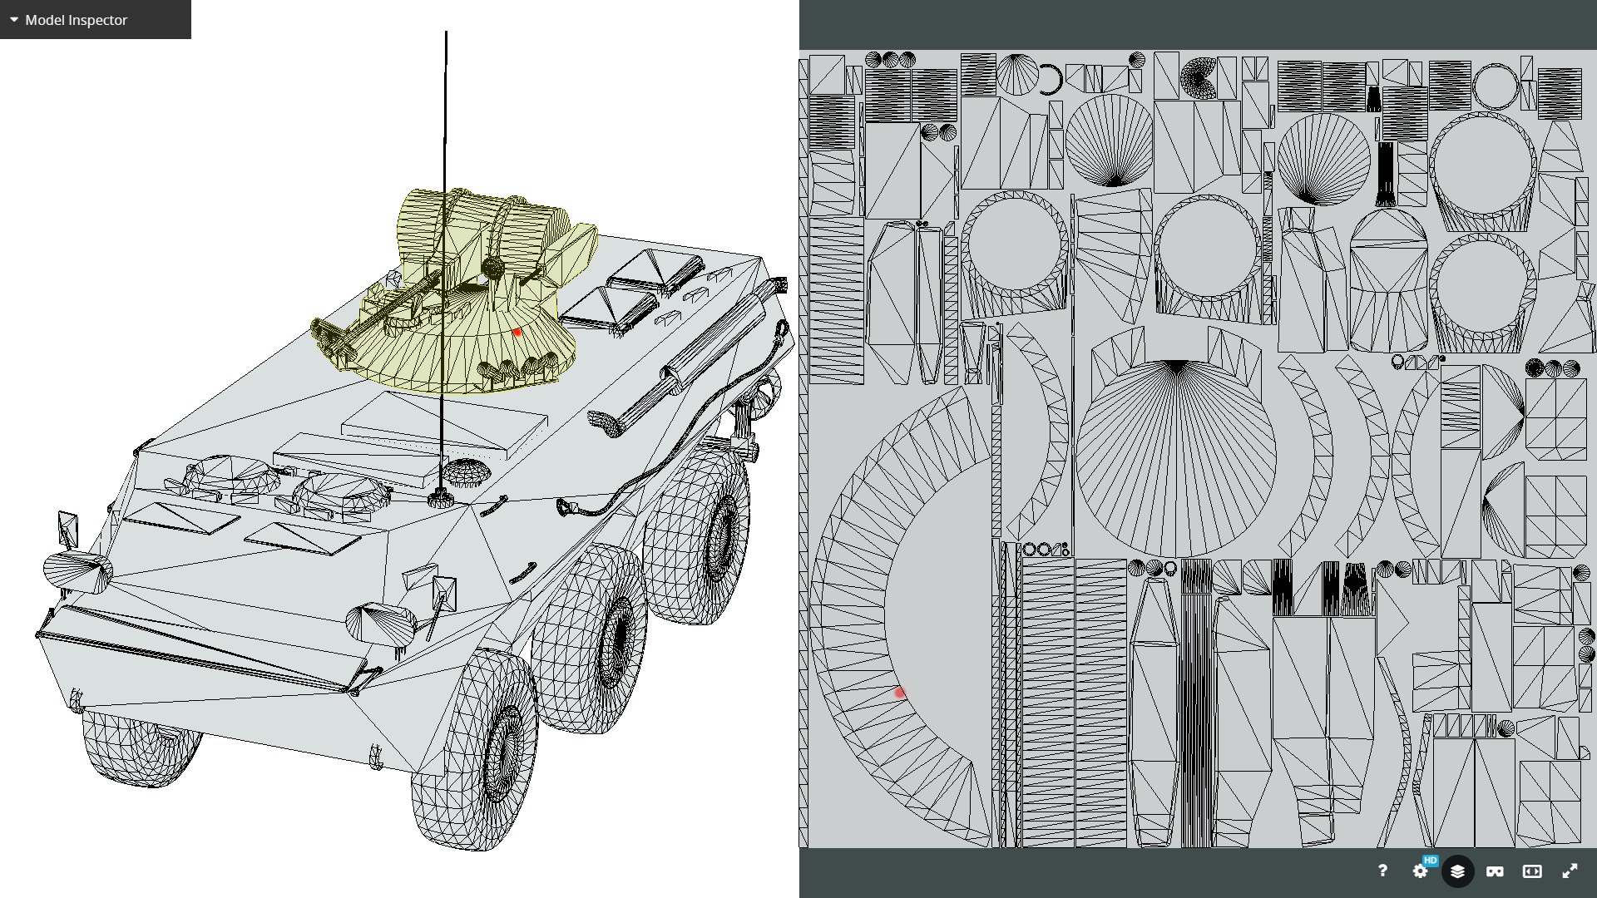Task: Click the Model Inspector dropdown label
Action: click(76, 20)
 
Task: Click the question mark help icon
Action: click(1382, 871)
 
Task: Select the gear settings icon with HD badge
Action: click(1421, 871)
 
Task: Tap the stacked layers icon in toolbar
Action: click(1457, 871)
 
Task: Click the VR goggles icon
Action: click(1495, 871)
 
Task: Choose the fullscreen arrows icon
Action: click(1570, 871)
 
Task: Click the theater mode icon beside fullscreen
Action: click(1532, 871)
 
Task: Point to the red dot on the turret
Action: click(517, 332)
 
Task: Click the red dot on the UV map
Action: click(899, 693)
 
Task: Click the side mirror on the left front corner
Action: click(67, 529)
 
